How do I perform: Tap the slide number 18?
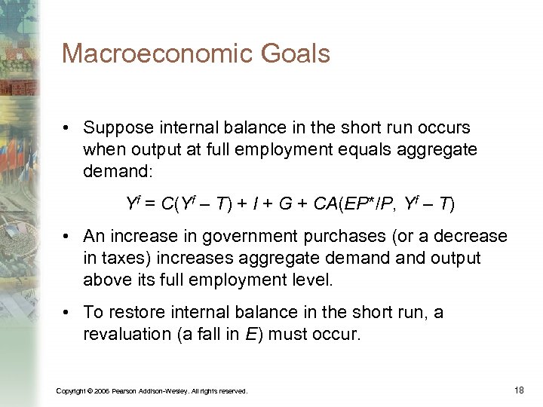518,389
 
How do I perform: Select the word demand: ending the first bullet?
118,171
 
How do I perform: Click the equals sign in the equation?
149,203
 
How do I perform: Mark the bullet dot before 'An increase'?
67,236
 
